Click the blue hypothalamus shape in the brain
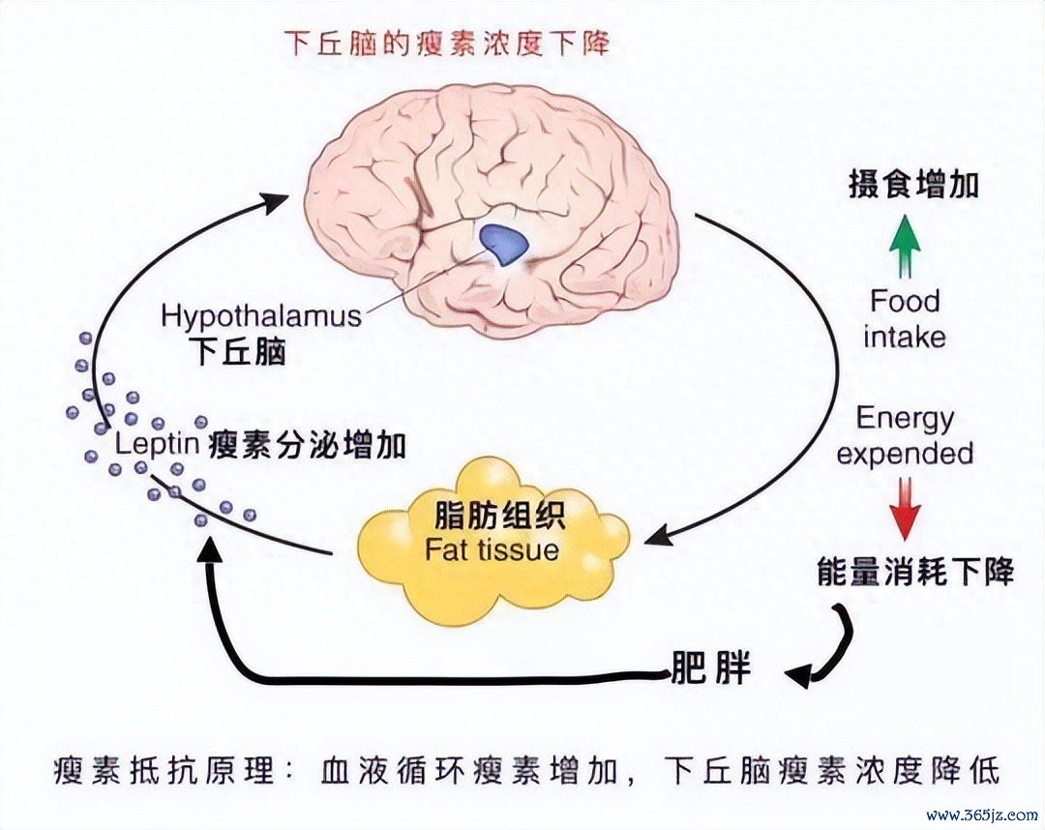pyautogui.click(x=503, y=243)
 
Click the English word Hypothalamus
pyautogui.click(x=261, y=315)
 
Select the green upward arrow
pyautogui.click(x=905, y=246)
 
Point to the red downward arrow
pyautogui.click(x=905, y=508)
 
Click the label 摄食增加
pyautogui.click(x=913, y=184)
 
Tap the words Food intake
pyautogui.click(x=905, y=319)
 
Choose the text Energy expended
pyautogui.click(x=905, y=435)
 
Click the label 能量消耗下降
pyautogui.click(x=915, y=572)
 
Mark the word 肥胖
pyautogui.click(x=710, y=668)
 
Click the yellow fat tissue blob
pyautogui.click(x=493, y=541)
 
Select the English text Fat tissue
pyautogui.click(x=492, y=550)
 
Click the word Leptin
pyautogui.click(x=158, y=444)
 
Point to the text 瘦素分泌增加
pyautogui.click(x=308, y=445)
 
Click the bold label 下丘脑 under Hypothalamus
pyautogui.click(x=238, y=352)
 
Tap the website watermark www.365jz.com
pyautogui.click(x=982, y=815)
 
